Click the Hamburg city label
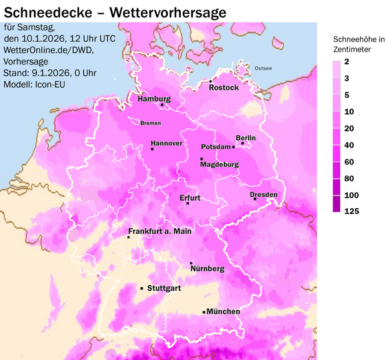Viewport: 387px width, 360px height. coord(154,99)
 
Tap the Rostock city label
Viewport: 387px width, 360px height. coord(224,87)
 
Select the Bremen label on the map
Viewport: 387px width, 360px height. coord(151,123)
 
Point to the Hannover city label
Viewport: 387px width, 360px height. coord(166,143)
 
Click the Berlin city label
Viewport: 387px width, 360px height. coord(246,137)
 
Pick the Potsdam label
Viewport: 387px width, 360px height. coord(216,147)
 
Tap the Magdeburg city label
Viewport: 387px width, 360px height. coord(219,165)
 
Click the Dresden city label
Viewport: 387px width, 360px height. coord(263,195)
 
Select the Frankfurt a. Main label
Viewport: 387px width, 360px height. coord(160,231)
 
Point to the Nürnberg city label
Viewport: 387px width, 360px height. coord(207,269)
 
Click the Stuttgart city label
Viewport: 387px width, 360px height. coord(164,288)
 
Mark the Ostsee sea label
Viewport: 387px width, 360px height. coord(263,68)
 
